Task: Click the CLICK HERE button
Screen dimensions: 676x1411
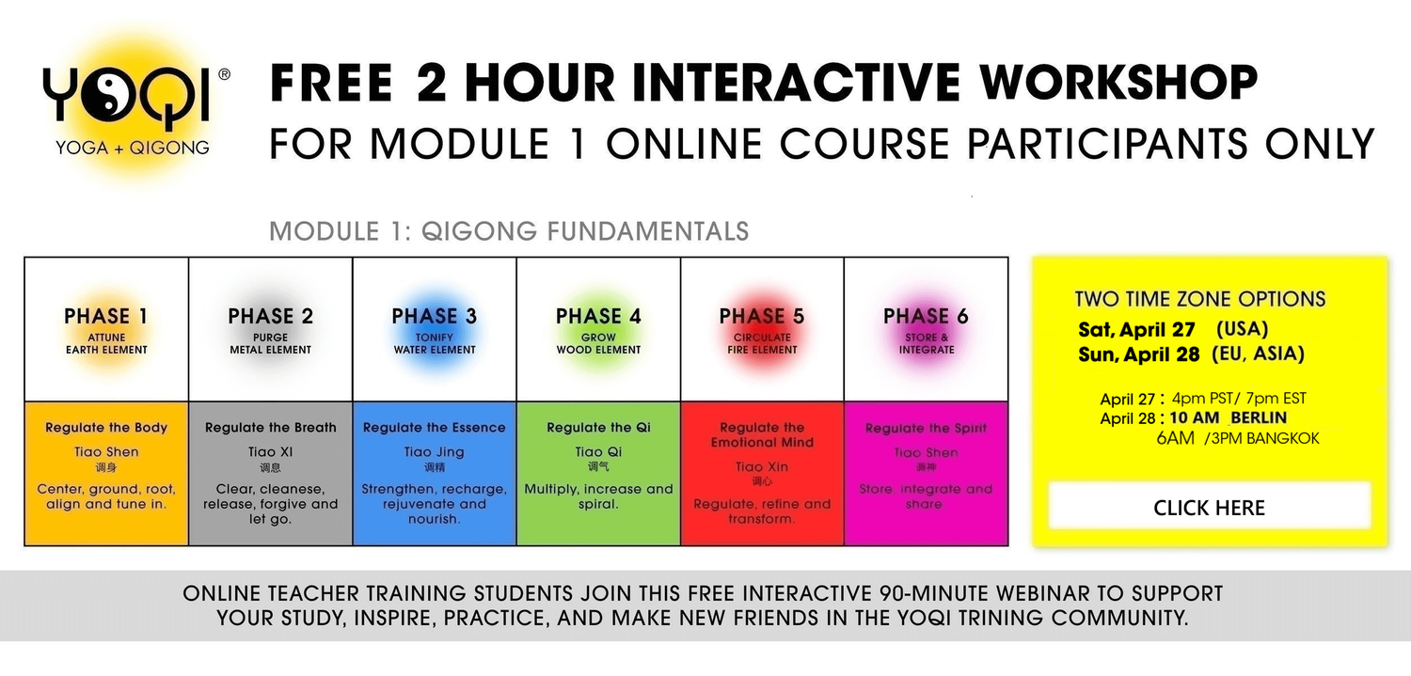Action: [1209, 508]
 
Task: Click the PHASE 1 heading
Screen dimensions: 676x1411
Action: [105, 316]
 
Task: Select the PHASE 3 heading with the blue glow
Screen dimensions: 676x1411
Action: [434, 316]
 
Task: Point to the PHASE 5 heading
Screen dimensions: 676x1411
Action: [762, 316]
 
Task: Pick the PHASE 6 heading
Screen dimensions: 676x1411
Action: [926, 316]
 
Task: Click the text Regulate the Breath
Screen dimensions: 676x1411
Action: [270, 428]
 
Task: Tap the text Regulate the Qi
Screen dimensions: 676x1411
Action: [598, 428]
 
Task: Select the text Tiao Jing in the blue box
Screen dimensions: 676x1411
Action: [434, 452]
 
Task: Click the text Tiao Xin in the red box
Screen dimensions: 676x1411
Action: [762, 467]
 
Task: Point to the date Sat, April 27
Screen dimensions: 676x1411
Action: [1136, 330]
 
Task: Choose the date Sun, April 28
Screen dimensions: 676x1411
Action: [1138, 354]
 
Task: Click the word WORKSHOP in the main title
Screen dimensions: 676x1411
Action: [1118, 83]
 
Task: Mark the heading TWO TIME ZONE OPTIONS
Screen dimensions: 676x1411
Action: [1200, 300]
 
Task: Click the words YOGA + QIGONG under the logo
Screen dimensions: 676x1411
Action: [133, 147]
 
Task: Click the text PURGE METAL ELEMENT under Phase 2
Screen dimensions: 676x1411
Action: [270, 343]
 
